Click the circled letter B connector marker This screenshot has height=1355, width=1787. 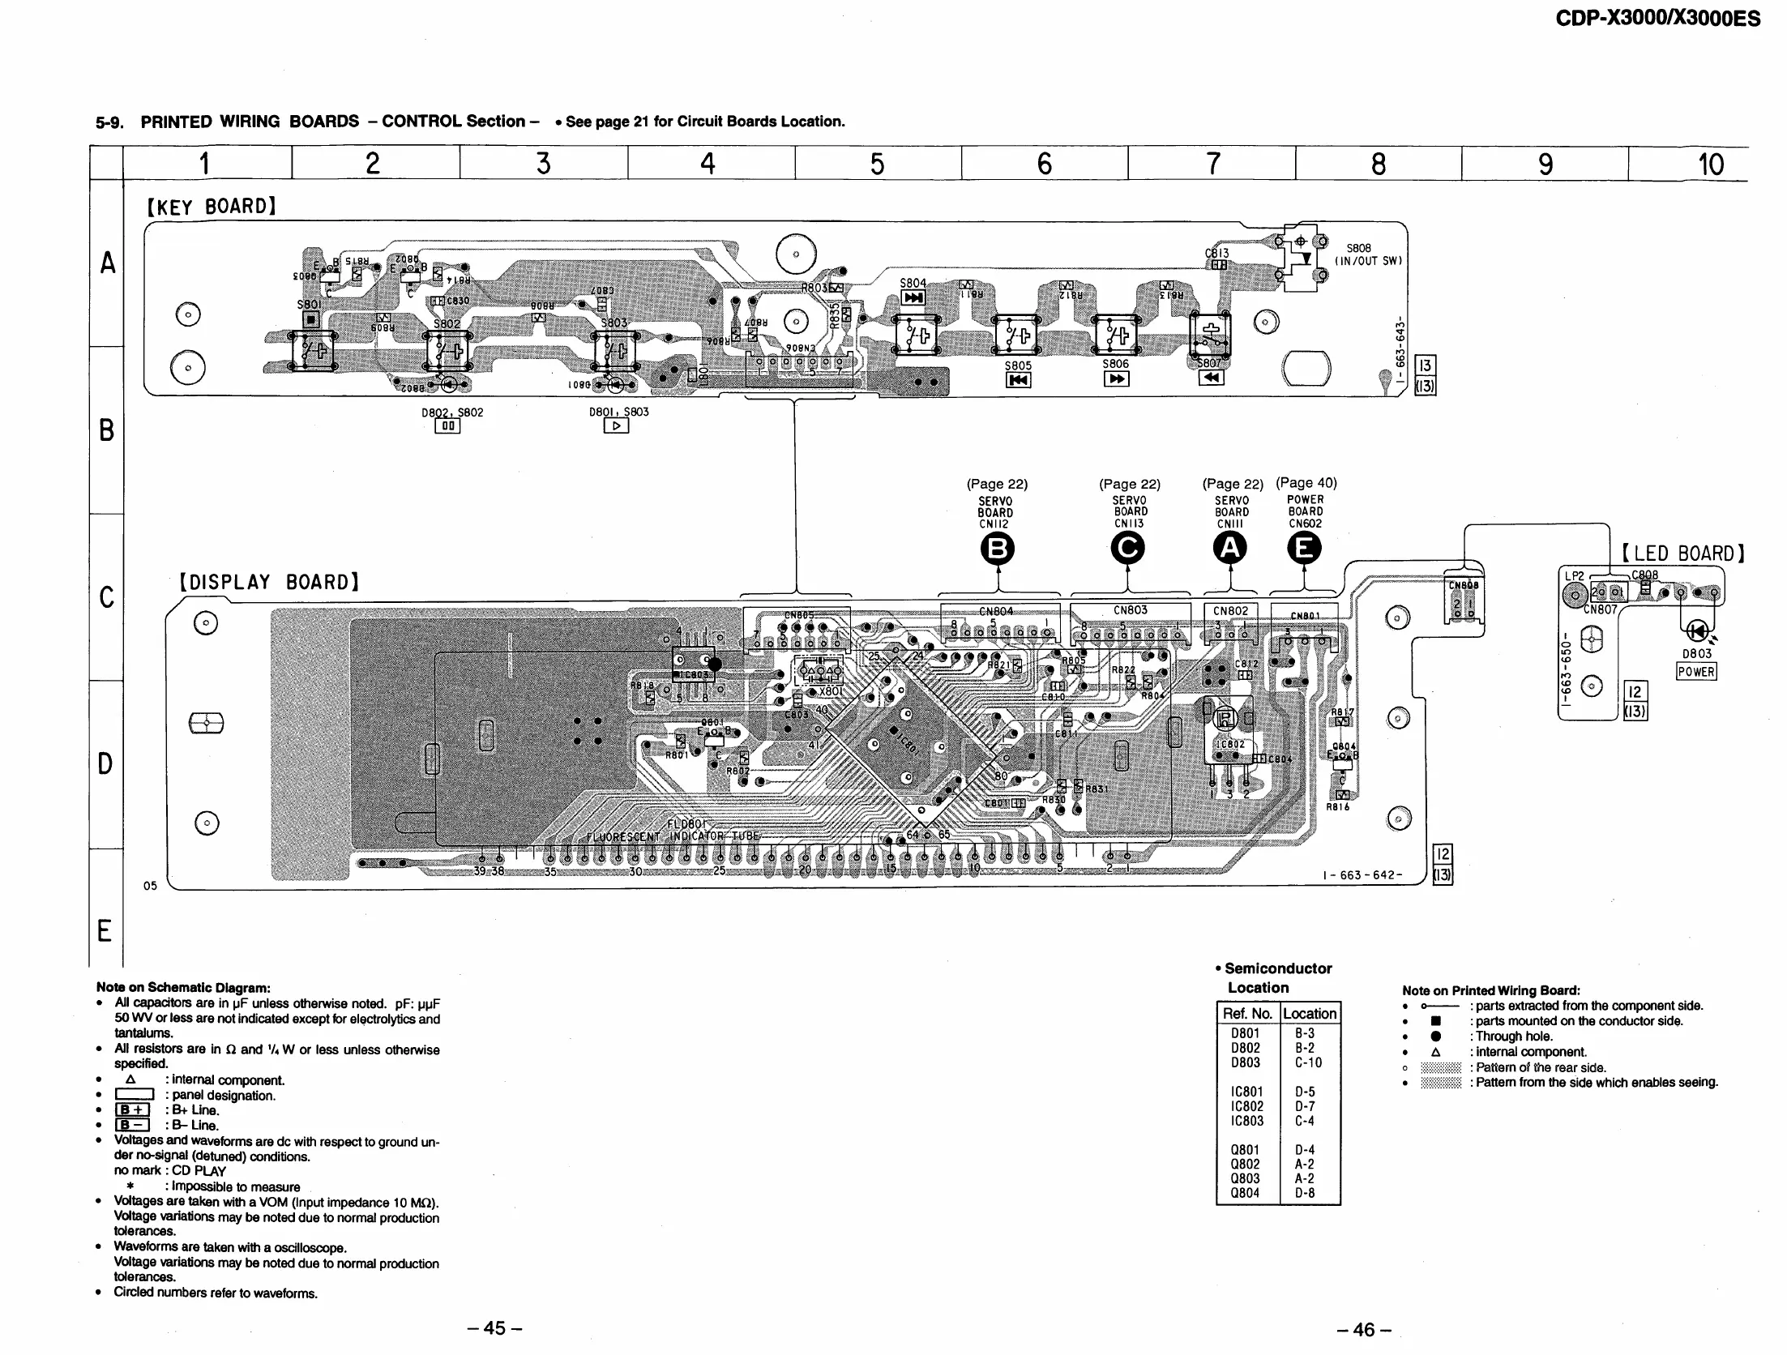998,549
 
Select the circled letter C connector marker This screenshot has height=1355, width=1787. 1128,549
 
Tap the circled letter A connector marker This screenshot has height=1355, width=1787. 1230,549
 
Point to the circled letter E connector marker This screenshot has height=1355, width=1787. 1304,549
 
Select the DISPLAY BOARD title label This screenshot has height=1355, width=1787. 269,583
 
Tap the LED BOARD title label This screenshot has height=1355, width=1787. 1682,554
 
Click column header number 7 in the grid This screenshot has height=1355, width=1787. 1212,164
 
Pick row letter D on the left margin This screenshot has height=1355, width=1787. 105,763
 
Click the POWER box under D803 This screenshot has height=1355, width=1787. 1696,672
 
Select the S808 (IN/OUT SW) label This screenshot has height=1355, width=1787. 1367,254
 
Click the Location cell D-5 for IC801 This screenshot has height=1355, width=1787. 1305,1092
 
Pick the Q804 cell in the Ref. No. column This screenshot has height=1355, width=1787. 1245,1193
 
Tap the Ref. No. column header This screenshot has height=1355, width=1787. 1247,1013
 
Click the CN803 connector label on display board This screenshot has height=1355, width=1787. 1130,610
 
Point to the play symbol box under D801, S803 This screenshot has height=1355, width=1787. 616,425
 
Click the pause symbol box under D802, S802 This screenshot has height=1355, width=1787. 447,425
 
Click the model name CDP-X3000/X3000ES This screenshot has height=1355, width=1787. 1657,18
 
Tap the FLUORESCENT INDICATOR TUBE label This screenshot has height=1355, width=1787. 673,836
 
